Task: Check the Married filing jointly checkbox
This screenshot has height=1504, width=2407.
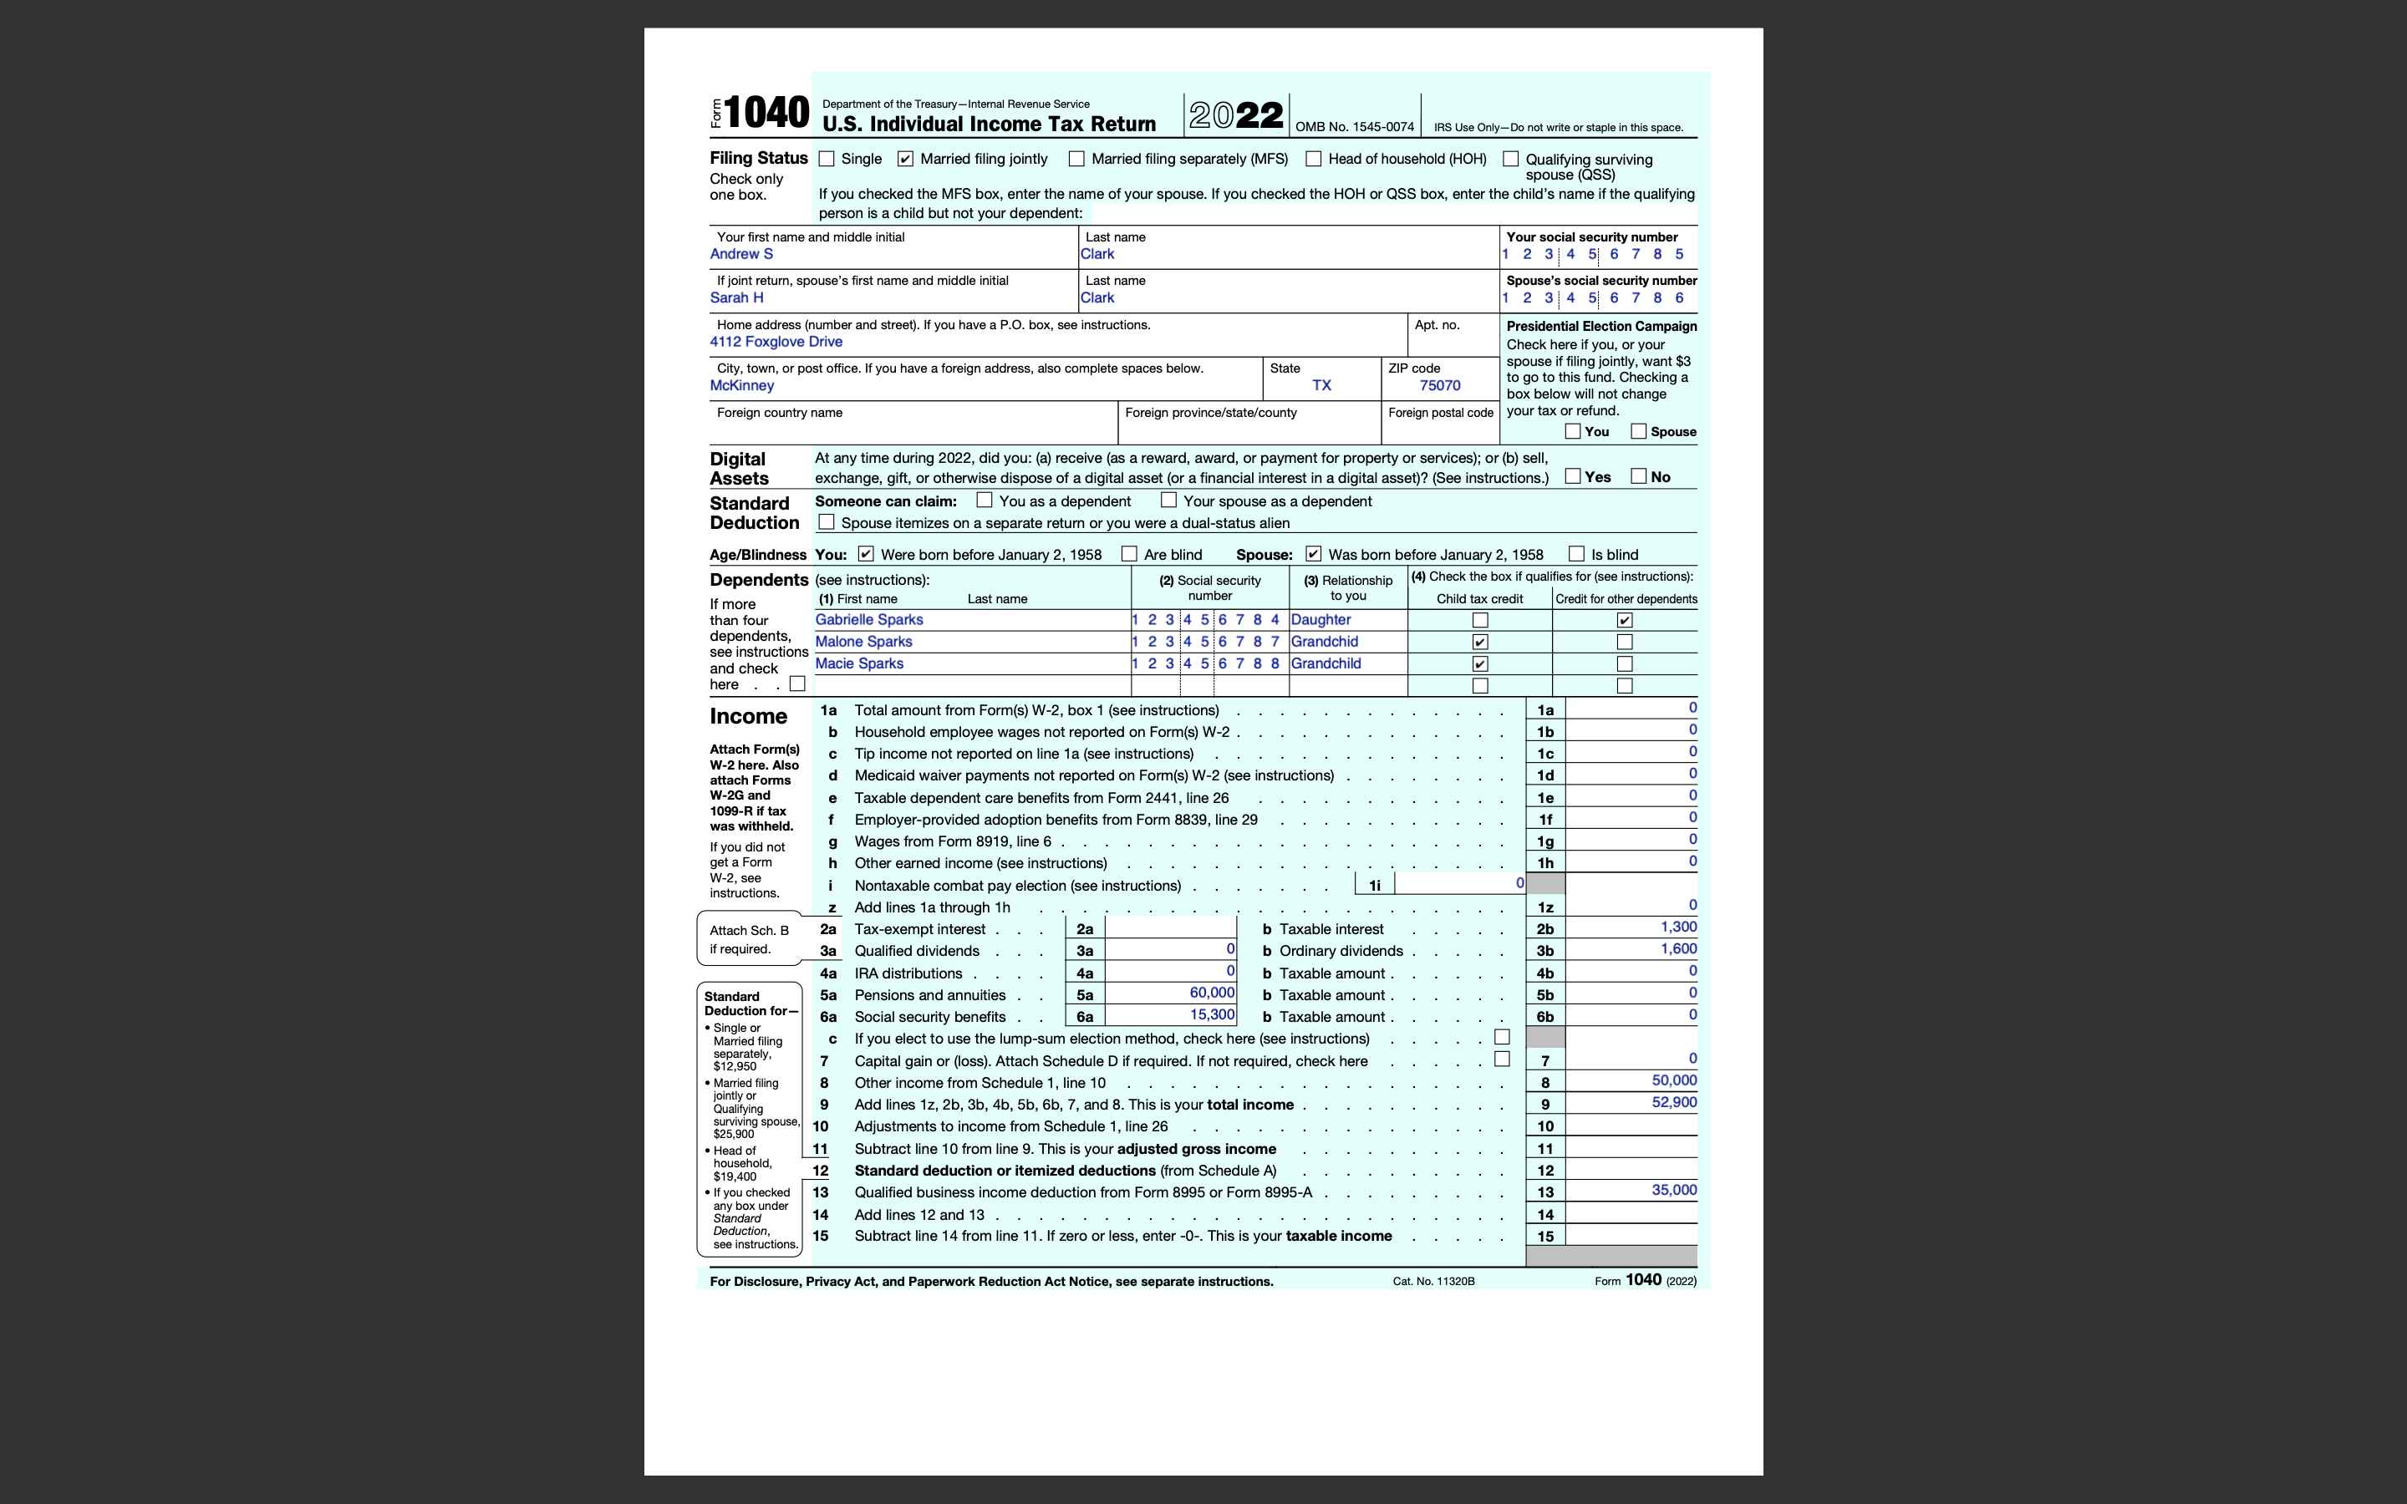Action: (905, 159)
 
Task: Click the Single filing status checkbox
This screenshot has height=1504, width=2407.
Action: (827, 159)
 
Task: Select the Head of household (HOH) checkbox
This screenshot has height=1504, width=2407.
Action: (1314, 159)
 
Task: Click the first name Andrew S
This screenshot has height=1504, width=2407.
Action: (741, 255)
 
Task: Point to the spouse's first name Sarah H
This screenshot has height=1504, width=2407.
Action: (736, 298)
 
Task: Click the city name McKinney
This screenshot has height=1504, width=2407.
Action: (741, 386)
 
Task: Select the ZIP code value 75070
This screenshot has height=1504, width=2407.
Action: (1439, 386)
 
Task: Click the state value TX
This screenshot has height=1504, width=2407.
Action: (1321, 386)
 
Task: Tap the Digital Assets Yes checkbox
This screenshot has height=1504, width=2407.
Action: (1573, 476)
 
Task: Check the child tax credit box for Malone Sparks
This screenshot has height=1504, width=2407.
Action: (1480, 643)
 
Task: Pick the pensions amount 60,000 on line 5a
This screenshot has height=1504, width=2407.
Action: (1212, 993)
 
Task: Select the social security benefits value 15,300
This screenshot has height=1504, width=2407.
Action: (1212, 1014)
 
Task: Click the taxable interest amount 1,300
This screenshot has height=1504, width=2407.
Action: (1678, 927)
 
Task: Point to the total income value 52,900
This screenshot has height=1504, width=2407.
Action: (1674, 1102)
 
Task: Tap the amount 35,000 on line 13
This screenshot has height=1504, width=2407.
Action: (1674, 1190)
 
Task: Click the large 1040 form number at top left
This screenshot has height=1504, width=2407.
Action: (766, 113)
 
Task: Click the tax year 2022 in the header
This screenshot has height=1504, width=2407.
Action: (1235, 115)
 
